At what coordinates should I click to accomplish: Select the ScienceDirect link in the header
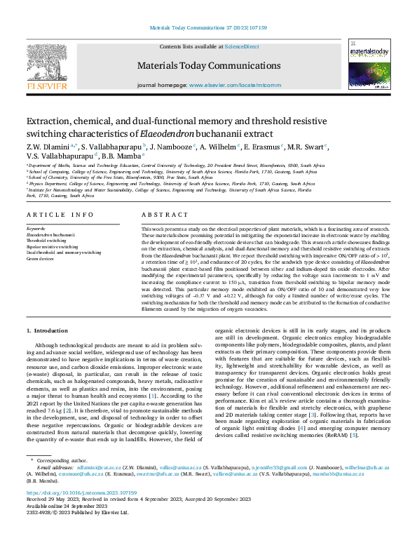241,46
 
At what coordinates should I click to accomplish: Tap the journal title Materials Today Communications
208,65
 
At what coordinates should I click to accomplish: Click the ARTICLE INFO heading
60,215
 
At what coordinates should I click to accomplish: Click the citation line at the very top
208,28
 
